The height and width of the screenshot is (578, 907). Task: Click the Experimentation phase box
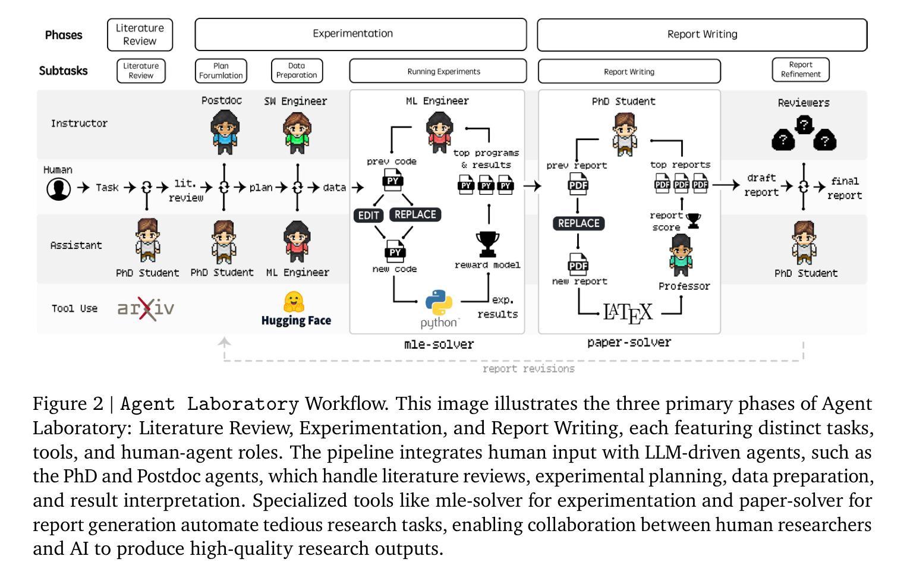point(360,34)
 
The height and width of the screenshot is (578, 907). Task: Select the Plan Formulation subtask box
point(221,71)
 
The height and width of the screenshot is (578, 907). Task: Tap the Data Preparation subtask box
point(297,71)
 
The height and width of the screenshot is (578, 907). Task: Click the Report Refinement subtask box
point(801,70)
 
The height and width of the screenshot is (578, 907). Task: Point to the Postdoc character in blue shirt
point(225,132)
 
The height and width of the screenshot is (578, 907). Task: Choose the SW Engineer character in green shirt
point(297,132)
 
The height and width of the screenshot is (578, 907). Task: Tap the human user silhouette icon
point(59,189)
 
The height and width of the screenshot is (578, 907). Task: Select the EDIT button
point(369,215)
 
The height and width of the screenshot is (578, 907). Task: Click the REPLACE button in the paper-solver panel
point(579,223)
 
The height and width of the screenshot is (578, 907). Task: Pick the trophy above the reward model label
point(487,244)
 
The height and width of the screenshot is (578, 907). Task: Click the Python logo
point(439,302)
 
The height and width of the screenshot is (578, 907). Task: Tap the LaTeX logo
point(628,312)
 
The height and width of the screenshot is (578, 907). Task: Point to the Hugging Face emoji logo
point(294,302)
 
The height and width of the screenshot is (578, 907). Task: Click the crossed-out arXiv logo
point(146,308)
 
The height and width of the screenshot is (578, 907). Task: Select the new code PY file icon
point(395,251)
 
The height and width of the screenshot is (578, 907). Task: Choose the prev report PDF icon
point(578,184)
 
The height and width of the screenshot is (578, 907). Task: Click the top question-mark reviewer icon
point(804,125)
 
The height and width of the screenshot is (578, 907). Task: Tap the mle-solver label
point(439,345)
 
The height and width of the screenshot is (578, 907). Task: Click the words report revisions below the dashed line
point(528,369)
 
